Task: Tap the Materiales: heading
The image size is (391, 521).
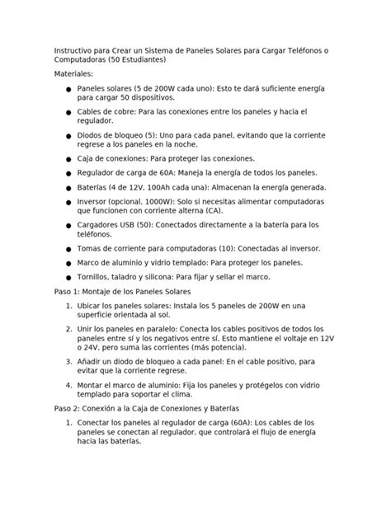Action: [x=75, y=74]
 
